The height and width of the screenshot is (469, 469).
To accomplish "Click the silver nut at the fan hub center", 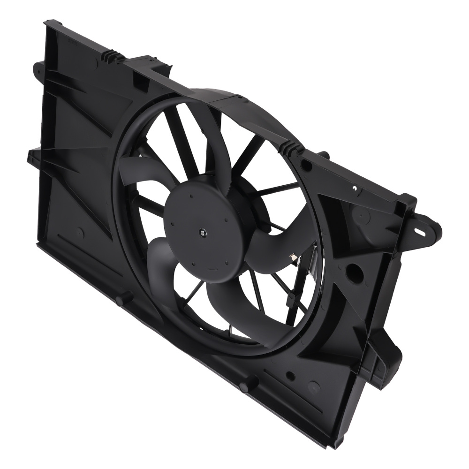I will [x=202, y=232].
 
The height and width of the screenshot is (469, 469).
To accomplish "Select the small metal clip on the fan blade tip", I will [x=292, y=257].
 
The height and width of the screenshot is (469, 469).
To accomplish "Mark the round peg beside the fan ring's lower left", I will [x=122, y=298].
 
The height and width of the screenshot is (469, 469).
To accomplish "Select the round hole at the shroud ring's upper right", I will [x=305, y=166].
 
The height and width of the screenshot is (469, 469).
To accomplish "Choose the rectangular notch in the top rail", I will [x=140, y=80].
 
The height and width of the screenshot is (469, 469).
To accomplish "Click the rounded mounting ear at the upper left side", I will [x=38, y=69].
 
